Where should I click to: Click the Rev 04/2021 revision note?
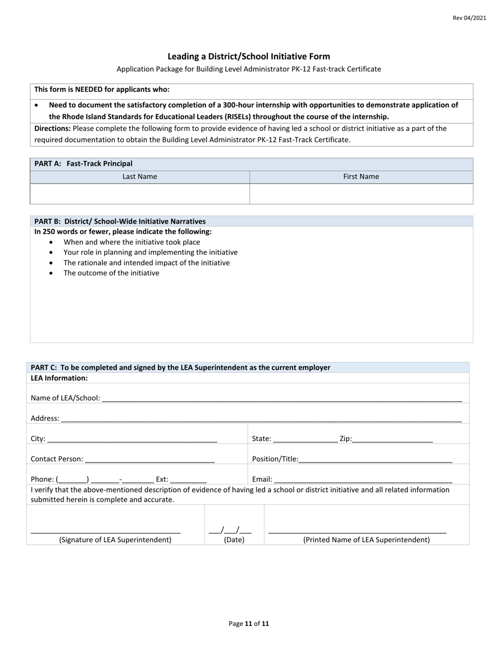[x=469, y=18]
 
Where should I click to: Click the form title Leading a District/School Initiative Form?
[x=248, y=56]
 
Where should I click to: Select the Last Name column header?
[x=139, y=177]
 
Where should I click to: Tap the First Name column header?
[x=361, y=177]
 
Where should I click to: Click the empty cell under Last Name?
[x=139, y=193]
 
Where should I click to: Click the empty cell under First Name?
[x=361, y=193]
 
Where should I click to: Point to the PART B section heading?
[x=120, y=221]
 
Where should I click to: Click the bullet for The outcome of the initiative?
[x=51, y=273]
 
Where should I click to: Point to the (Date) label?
[x=234, y=540]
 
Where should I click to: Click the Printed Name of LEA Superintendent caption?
[x=366, y=540]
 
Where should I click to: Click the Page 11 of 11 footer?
[x=248, y=623]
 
